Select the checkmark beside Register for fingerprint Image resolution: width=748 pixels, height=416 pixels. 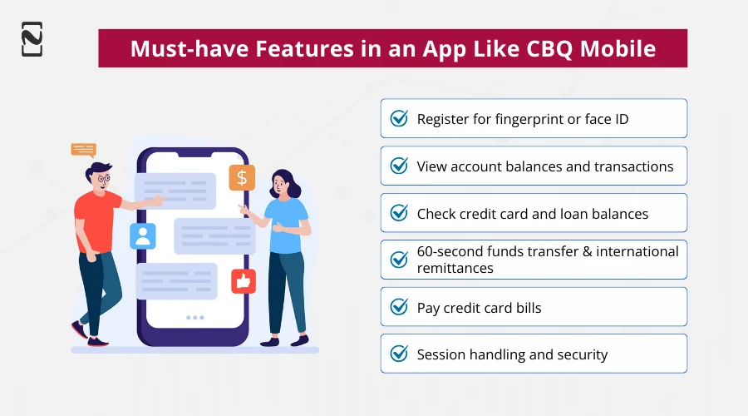[x=399, y=119]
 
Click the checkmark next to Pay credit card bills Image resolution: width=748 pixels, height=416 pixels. [x=399, y=307]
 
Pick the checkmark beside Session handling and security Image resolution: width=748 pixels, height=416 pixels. [x=399, y=354]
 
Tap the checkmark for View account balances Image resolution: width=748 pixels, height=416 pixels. [x=399, y=166]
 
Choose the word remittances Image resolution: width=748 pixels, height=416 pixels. [x=455, y=268]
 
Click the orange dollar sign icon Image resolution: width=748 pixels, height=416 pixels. [x=242, y=177]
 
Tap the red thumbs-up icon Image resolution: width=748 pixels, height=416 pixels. [x=243, y=281]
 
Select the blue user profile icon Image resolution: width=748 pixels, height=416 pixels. [x=143, y=235]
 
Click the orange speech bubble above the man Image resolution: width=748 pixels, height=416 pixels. [x=83, y=150]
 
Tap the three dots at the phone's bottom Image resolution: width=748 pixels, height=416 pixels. [x=194, y=318]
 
